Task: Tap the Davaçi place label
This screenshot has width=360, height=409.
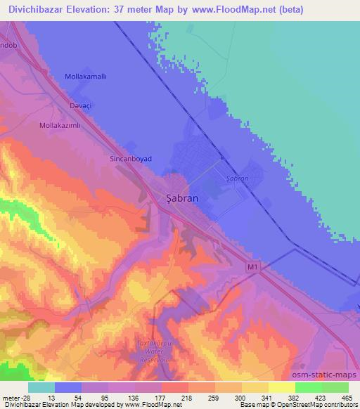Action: click(81, 105)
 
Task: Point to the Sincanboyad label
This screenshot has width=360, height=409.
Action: click(131, 160)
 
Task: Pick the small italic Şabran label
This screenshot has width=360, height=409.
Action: click(237, 179)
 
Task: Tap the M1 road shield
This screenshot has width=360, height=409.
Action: click(254, 267)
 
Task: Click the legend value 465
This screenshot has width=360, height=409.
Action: click(347, 397)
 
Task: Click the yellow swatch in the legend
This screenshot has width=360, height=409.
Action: click(281, 387)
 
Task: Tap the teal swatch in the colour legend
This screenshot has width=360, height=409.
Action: click(41, 387)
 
